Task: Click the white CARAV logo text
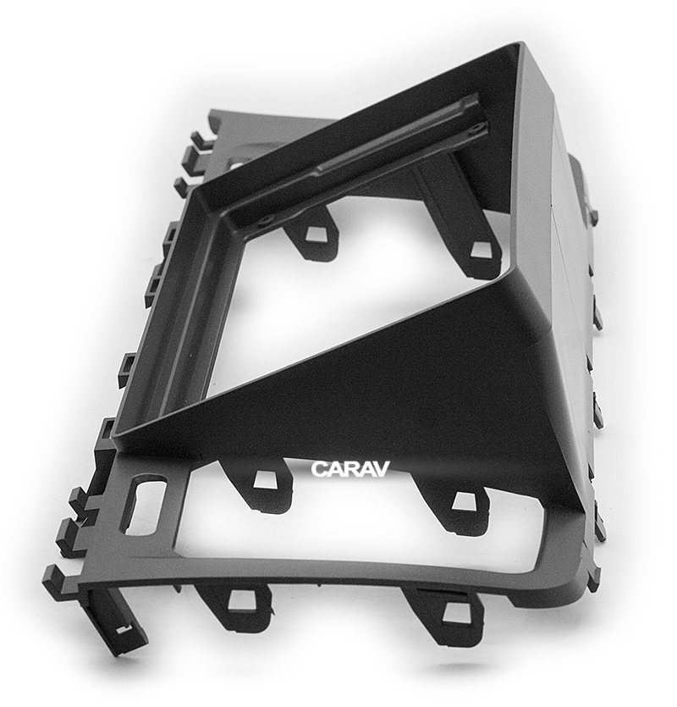[x=350, y=469]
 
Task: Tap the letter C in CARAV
[x=320, y=469]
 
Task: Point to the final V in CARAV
[x=379, y=468]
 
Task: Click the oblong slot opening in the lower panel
[x=143, y=508]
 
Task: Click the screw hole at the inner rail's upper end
[x=473, y=130]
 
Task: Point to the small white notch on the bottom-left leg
[x=122, y=630]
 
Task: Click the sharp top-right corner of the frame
[x=523, y=43]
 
